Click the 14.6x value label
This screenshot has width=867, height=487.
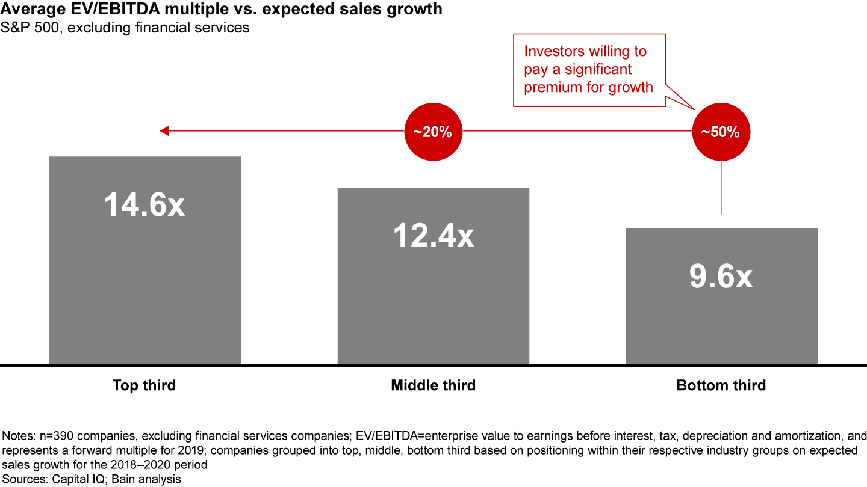point(144,205)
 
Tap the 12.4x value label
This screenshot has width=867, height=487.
point(433,236)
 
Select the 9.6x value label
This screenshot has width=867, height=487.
point(721,277)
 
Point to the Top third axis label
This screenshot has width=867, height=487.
point(144,385)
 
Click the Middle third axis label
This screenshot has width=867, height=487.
point(433,385)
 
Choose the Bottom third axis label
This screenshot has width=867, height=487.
point(721,385)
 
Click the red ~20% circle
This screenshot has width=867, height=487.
point(432,132)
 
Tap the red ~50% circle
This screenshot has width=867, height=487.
point(721,132)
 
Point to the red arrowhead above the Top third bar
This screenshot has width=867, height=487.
point(164,131)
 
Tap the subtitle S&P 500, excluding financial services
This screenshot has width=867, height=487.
point(125,28)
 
